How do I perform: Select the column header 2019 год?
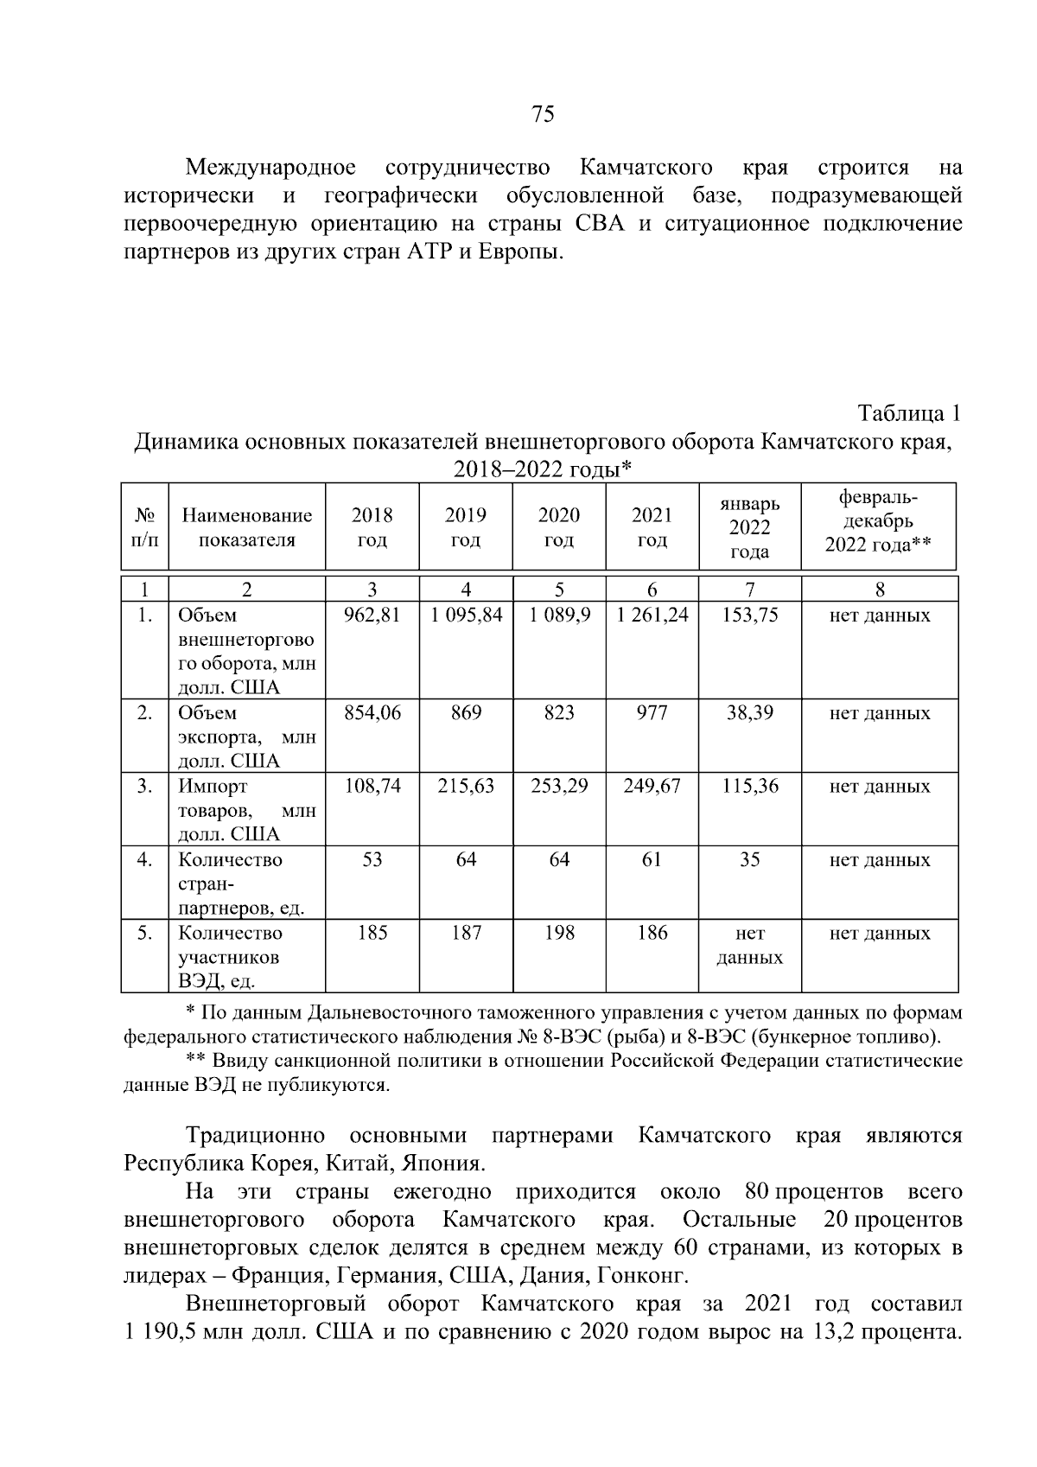coord(466,527)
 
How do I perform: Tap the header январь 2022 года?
coord(749,527)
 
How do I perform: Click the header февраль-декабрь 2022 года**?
coord(879,521)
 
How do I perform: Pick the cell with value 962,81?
coord(372,616)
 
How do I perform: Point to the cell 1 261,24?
coord(652,616)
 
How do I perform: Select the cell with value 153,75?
coord(749,616)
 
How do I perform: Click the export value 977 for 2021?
coord(652,713)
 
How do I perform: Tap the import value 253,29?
coord(559,787)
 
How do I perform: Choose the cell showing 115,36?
coord(749,787)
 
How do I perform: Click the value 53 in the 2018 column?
coord(372,860)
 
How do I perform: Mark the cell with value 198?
coord(559,933)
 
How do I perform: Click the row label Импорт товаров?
coord(246,810)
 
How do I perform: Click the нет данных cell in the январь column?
coord(749,945)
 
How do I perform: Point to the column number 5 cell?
coord(559,590)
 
